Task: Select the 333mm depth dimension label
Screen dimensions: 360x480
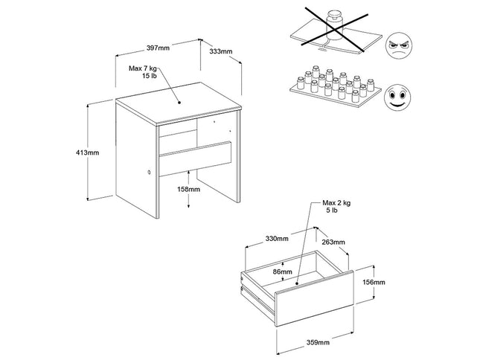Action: [x=221, y=52]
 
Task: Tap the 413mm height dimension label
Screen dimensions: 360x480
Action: [x=88, y=152]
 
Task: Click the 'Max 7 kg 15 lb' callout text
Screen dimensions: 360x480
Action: [x=144, y=72]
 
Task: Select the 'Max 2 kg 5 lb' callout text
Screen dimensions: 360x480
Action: [x=337, y=207]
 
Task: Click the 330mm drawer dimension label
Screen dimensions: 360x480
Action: [x=277, y=239]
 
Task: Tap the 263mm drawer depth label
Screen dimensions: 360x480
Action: [x=333, y=242]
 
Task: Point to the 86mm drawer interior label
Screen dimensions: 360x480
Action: [x=281, y=271]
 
